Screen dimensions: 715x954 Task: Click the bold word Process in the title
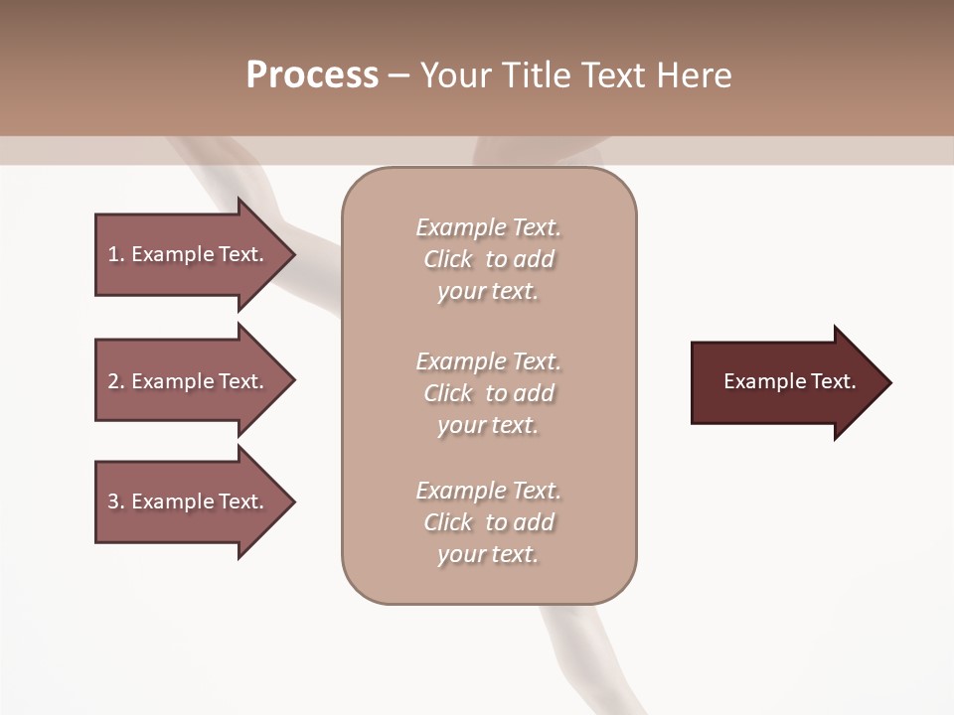click(312, 75)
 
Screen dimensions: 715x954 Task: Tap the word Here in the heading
click(693, 75)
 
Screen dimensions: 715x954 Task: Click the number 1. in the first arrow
click(115, 254)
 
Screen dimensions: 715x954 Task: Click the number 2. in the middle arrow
click(115, 381)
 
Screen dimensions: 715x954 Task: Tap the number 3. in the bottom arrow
click(115, 501)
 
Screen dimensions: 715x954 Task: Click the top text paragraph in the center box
click(489, 259)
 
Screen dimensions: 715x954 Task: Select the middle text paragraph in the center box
click(489, 393)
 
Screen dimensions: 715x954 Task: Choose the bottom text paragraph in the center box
click(489, 522)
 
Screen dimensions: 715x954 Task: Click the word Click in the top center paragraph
click(448, 259)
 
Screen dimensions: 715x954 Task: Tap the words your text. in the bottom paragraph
click(488, 555)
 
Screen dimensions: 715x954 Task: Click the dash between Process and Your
click(399, 75)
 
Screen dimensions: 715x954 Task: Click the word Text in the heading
click(609, 75)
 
